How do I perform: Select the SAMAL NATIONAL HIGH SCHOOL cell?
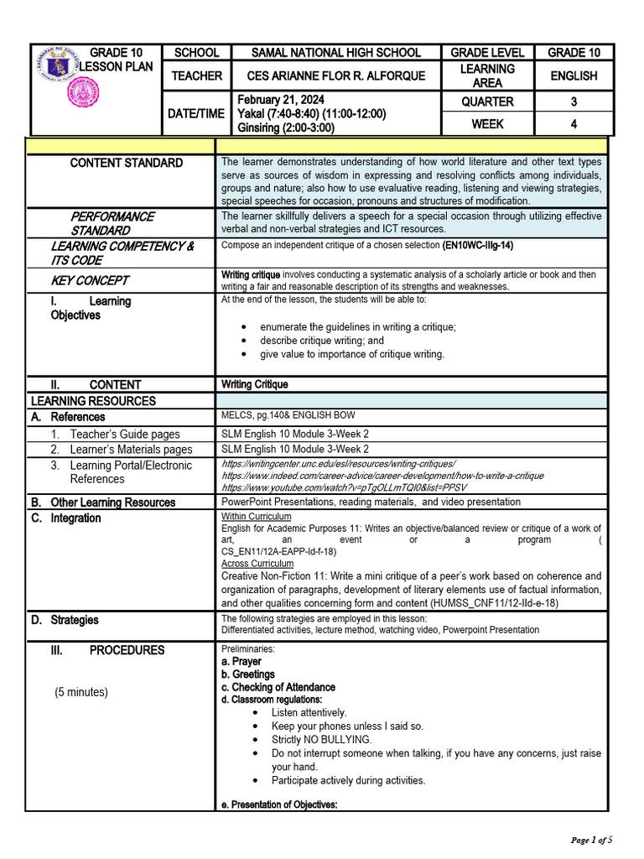click(337, 53)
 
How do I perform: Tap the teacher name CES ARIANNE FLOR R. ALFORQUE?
click(337, 76)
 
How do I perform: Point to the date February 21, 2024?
click(281, 100)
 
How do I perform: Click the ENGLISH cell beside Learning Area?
click(574, 76)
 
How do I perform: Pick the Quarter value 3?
click(574, 102)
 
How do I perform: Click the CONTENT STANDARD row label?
click(126, 163)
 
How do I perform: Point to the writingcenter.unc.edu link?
click(338, 464)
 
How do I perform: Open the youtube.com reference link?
click(344, 487)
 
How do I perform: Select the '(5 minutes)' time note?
click(81, 692)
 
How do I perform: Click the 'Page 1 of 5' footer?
click(592, 840)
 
